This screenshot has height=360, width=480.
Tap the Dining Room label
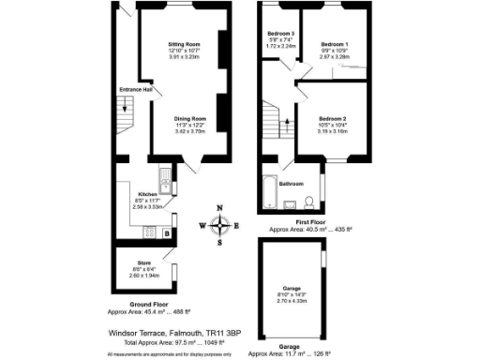click(190, 120)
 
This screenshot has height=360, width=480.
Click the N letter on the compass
click(219, 208)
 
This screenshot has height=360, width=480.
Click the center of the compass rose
click(219, 225)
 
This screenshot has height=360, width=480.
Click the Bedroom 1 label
click(334, 44)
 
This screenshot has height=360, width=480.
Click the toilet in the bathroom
click(308, 204)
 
